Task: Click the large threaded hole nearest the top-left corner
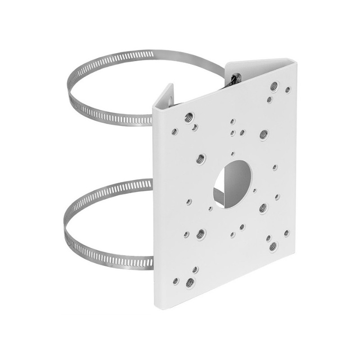[188, 118]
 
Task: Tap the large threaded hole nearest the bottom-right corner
[273, 246]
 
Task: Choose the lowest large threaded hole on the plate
[190, 283]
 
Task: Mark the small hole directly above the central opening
[232, 154]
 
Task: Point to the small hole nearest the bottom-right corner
[286, 233]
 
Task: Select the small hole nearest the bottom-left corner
[175, 280]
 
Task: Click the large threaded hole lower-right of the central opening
[263, 207]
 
